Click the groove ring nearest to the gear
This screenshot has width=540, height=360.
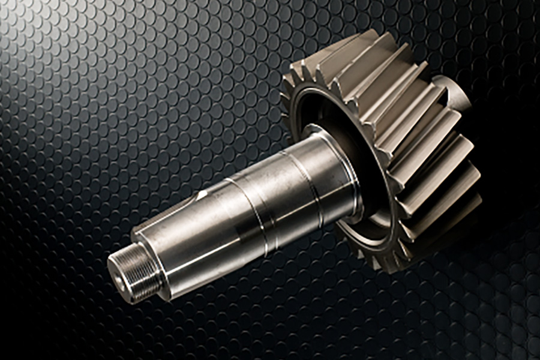click(x=312, y=180)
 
